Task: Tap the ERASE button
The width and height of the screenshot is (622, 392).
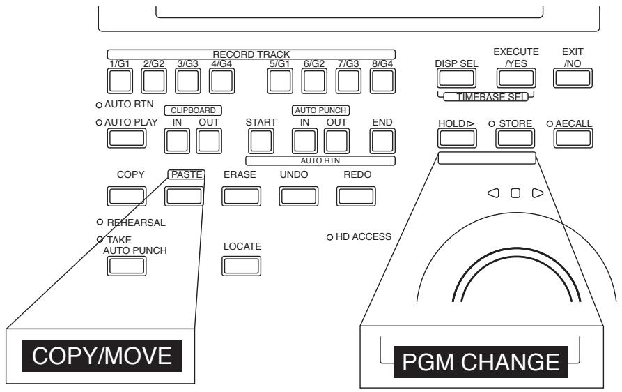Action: (x=239, y=197)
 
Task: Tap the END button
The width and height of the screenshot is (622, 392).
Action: (x=382, y=142)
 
